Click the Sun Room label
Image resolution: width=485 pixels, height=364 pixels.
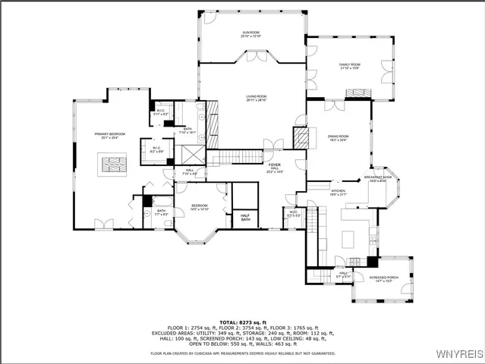click(x=251, y=33)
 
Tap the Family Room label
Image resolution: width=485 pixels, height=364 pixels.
click(x=349, y=65)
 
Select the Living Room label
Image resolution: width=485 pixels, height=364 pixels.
click(x=256, y=97)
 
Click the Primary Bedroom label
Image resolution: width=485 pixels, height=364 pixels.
click(x=110, y=135)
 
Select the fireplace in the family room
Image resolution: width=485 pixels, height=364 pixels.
click(x=358, y=93)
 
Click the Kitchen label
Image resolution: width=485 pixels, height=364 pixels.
click(x=339, y=191)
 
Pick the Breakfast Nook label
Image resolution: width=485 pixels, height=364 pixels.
click(x=377, y=177)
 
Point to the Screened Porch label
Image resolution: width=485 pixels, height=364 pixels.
click(x=383, y=278)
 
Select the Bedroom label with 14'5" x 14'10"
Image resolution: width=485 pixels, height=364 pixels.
click(x=200, y=206)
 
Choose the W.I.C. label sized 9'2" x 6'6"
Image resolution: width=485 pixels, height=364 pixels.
click(x=156, y=149)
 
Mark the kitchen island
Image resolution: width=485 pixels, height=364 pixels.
click(x=349, y=238)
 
